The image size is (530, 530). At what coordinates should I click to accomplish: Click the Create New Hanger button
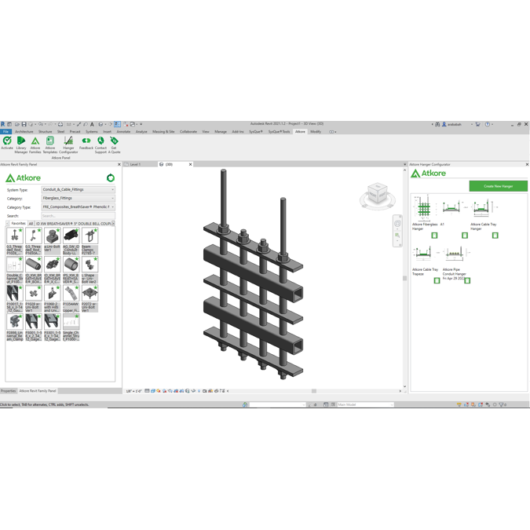pos(498,186)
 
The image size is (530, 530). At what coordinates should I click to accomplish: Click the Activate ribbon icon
pos(7,142)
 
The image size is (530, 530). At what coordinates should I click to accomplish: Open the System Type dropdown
pos(78,190)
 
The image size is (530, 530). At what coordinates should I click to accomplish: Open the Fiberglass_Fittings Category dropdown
pos(78,199)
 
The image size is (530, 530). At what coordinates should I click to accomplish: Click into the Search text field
pos(78,216)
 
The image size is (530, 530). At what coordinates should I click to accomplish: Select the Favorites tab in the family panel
pos(17,224)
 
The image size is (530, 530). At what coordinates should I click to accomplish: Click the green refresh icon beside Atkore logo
pos(111,178)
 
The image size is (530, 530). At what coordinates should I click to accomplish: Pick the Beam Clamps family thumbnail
pos(90,236)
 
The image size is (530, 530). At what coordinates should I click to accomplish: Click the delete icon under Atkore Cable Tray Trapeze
pos(437,280)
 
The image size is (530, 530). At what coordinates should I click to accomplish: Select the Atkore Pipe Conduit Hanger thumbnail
pos(454,254)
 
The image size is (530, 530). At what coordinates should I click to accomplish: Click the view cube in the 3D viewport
pos(377,193)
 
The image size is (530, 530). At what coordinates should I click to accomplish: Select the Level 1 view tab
pos(135,165)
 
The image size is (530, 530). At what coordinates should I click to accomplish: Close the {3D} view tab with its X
pos(190,165)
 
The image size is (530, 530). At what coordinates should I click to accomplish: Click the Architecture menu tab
pos(24,132)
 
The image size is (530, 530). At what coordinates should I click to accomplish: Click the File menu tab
pos(5,132)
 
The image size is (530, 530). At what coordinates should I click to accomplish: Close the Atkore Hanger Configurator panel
pos(527,165)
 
